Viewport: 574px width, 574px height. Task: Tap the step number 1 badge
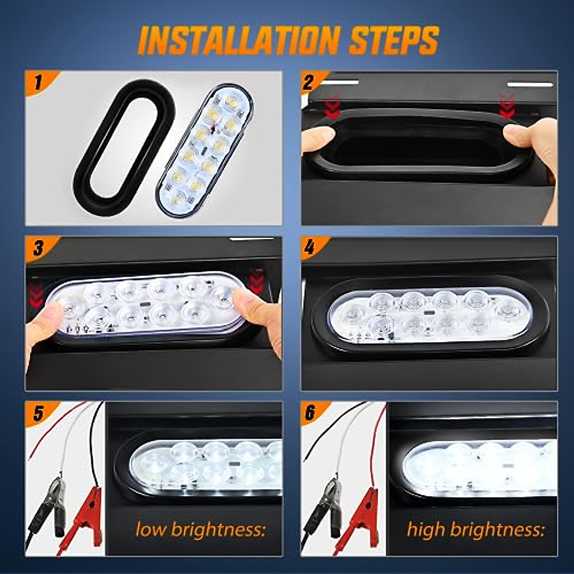click(x=38, y=83)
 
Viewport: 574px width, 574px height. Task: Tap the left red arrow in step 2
click(x=332, y=108)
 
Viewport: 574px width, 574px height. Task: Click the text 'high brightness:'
click(x=475, y=530)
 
